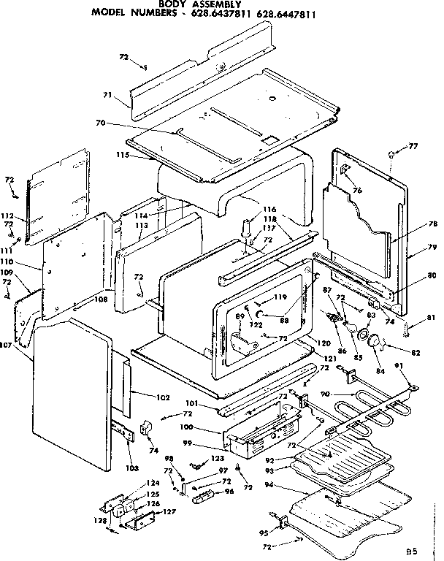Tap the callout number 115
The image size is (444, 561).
point(122,155)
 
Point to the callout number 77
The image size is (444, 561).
point(413,147)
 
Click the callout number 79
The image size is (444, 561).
point(432,248)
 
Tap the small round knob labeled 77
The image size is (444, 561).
point(392,154)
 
